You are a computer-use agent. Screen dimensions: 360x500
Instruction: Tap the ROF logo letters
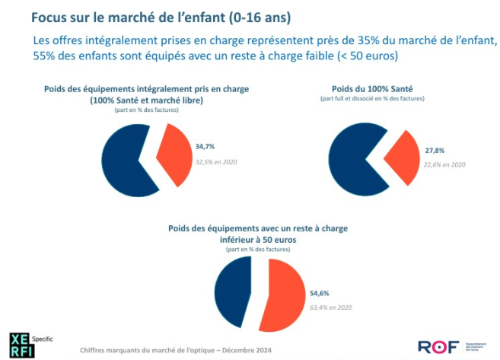(x=434, y=347)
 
